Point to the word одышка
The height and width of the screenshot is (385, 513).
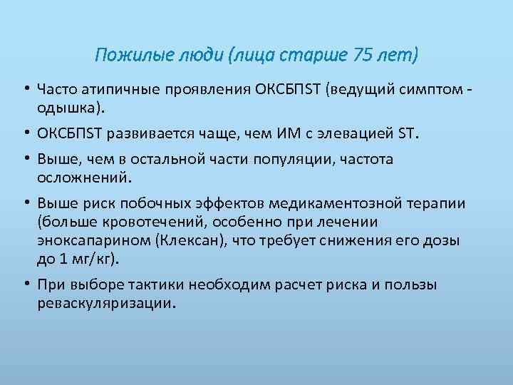(x=65, y=108)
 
